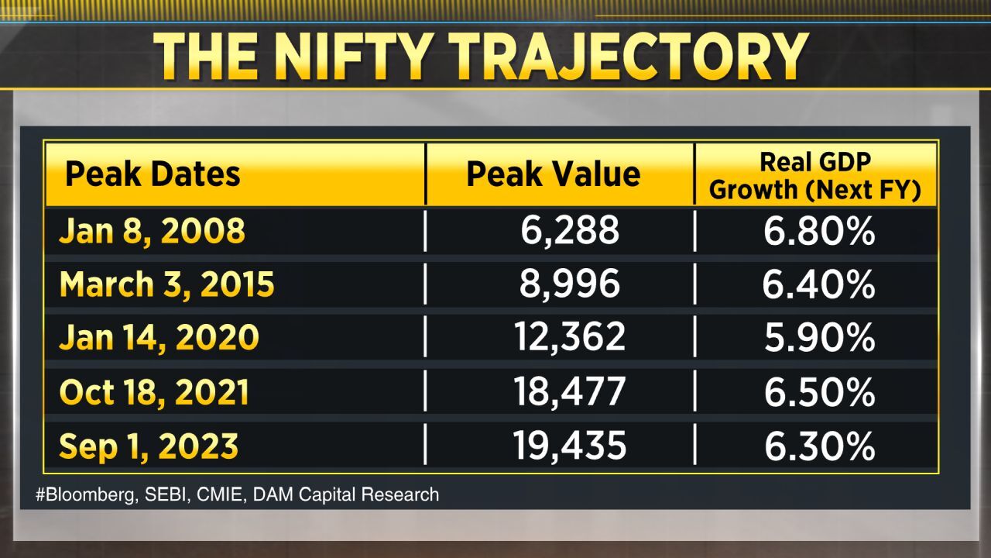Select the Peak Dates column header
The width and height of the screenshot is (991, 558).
[153, 174]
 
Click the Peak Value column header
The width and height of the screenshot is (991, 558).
[553, 174]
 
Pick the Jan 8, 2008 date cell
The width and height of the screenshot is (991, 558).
[152, 231]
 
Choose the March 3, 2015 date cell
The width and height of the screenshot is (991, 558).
[166, 284]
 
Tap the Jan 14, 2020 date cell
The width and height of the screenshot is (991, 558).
[159, 338]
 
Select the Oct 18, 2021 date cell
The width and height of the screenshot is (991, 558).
[154, 392]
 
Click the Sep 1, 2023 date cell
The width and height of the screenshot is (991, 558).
[149, 446]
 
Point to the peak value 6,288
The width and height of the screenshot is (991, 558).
[569, 231]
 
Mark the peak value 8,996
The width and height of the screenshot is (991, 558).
[569, 284]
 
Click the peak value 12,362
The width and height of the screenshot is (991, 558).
[569, 338]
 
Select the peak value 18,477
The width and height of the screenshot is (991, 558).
[569, 392]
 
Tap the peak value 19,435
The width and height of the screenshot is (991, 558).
[569, 446]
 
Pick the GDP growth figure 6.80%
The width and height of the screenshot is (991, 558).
[819, 231]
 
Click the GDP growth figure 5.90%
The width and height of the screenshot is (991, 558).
[819, 338]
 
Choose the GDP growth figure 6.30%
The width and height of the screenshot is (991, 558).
[819, 446]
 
